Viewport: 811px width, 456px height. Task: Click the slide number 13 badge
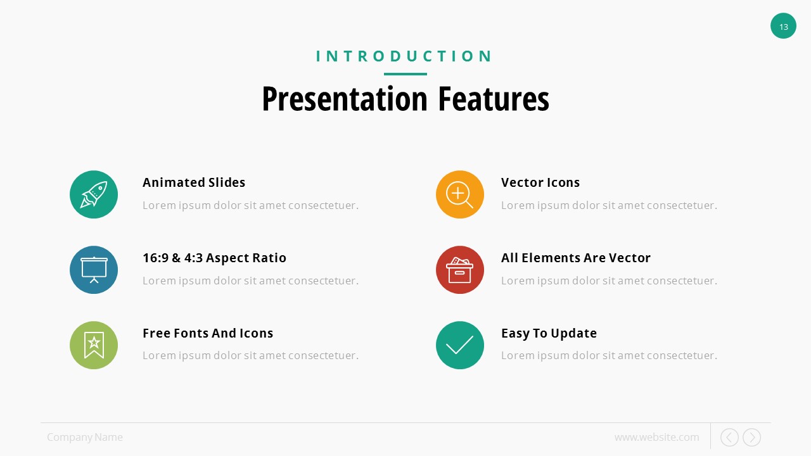(783, 26)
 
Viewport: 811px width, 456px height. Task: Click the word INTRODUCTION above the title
(404, 56)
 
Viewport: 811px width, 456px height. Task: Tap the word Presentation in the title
(345, 99)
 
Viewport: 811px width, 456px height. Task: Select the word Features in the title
(494, 99)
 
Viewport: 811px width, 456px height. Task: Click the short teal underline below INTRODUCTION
(405, 74)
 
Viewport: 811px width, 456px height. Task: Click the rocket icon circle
(94, 194)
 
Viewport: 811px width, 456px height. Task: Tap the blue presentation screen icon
(94, 270)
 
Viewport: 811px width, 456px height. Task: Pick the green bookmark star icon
(94, 345)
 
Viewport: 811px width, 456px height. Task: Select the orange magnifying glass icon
(460, 194)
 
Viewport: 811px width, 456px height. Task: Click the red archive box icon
(460, 270)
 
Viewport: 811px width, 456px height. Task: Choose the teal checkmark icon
(460, 345)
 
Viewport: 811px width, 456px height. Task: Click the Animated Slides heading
(194, 182)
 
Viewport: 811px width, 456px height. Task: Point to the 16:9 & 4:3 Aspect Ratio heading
(214, 258)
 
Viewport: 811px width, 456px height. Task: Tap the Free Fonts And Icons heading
(208, 333)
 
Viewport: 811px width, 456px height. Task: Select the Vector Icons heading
(540, 182)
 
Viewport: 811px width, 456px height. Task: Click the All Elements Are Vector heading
(576, 258)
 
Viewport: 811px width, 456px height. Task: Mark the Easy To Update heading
(549, 333)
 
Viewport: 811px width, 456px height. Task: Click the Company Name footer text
(85, 437)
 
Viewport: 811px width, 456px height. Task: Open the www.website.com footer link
(657, 437)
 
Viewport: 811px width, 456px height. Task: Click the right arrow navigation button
(751, 437)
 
